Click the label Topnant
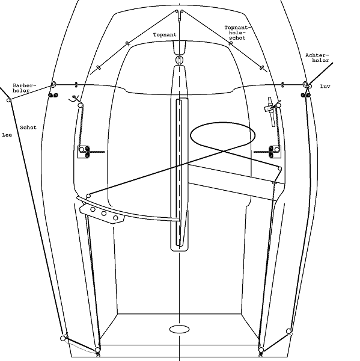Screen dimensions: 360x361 coord(165,35)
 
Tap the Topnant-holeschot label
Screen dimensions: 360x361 coord(237,32)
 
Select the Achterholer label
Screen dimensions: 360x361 coord(317,58)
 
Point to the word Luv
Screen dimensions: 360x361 coord(325,86)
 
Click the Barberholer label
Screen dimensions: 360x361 coord(25,88)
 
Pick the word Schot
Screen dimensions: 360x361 coord(28,128)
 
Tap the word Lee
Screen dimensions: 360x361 coord(7,135)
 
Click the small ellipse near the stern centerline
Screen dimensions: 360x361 coord(180,329)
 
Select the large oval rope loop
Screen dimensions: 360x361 coord(222,122)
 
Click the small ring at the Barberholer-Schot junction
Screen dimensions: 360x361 coord(8,100)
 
